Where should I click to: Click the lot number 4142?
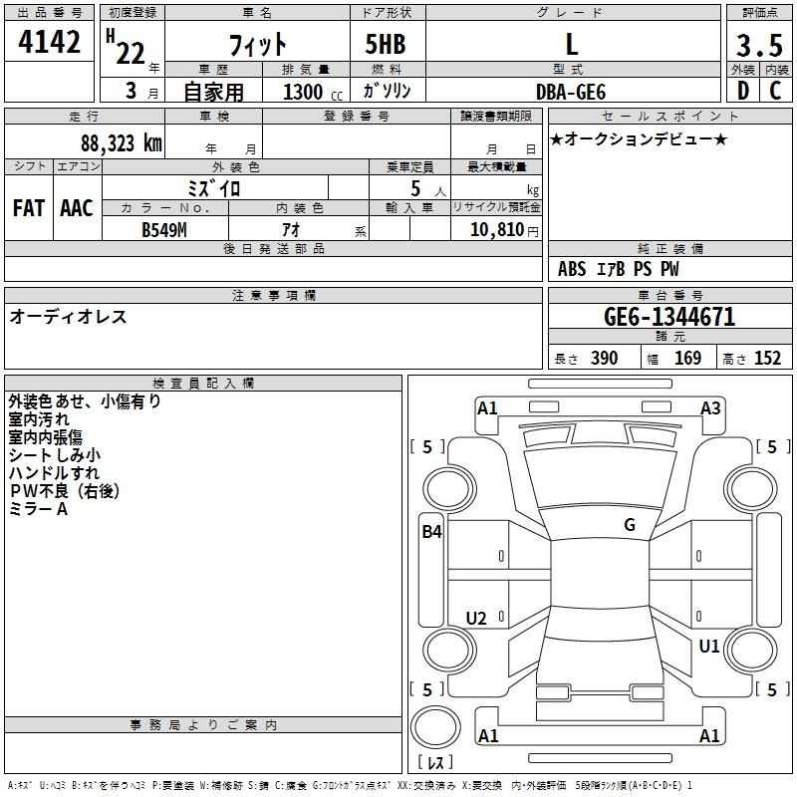(49, 42)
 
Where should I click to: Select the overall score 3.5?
(759, 46)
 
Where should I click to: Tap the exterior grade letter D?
(743, 91)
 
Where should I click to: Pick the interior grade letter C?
(775, 91)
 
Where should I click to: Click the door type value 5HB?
(386, 44)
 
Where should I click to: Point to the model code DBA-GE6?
(571, 92)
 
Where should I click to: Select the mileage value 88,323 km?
(121, 142)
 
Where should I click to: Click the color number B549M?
(164, 230)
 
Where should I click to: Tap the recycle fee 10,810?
(497, 230)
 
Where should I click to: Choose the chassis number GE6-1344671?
(669, 317)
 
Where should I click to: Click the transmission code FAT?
(29, 208)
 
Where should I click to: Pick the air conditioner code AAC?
(77, 208)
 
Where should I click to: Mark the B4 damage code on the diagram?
(431, 532)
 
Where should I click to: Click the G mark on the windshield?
(630, 525)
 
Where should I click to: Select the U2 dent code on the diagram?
(476, 618)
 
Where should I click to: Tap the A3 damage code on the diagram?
(710, 408)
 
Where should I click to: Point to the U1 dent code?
(708, 646)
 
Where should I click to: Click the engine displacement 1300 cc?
(313, 92)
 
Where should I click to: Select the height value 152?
(767, 358)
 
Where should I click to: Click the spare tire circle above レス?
(435, 727)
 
